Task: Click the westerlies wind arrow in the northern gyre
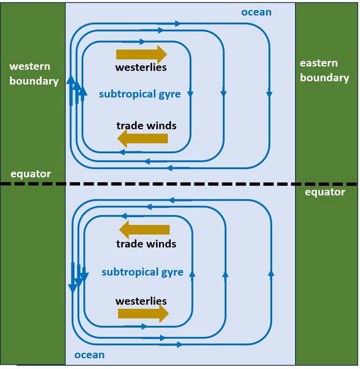[x=141, y=54]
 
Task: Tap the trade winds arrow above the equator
[x=143, y=138]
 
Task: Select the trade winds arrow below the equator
[x=144, y=229]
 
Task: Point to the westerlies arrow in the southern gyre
[x=143, y=314]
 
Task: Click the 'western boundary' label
[x=34, y=74]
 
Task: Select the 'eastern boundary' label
[x=324, y=71]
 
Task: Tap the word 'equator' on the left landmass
[x=31, y=174]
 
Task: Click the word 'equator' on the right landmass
[x=325, y=192]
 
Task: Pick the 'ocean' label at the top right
[x=256, y=12]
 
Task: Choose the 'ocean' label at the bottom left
[x=89, y=355]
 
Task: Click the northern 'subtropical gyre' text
[x=140, y=94]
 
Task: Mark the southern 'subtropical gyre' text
[x=143, y=272]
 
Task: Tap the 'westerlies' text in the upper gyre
[x=141, y=68]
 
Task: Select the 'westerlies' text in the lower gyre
[x=141, y=301]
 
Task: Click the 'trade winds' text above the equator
[x=146, y=125]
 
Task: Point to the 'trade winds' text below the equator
[x=146, y=244]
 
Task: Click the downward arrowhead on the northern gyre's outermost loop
[x=269, y=95]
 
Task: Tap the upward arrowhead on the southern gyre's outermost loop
[x=271, y=273]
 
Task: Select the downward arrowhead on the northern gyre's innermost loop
[x=190, y=94]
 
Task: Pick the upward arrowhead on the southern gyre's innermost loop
[x=192, y=274]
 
